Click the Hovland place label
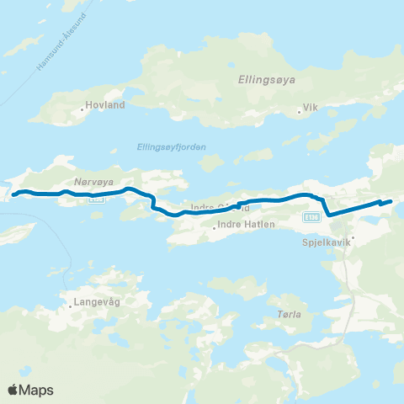[105, 107]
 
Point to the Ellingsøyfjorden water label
[171, 146]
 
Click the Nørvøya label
[88, 180]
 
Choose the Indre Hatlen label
[246, 225]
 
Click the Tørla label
[289, 314]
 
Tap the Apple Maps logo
[30, 390]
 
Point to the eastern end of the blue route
[391, 200]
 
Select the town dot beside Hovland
[82, 108]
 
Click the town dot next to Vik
[300, 110]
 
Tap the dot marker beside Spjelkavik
[353, 237]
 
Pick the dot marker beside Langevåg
[71, 306]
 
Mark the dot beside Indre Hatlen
[216, 226]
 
